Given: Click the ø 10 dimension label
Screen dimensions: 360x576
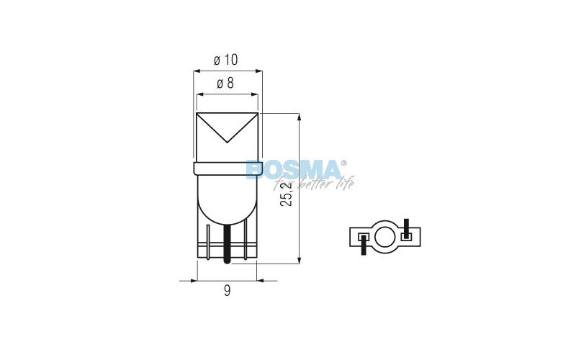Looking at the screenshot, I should pyautogui.click(x=226, y=60).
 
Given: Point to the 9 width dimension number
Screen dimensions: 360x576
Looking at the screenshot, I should pyautogui.click(x=227, y=291).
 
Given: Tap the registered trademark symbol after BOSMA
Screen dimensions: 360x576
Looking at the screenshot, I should pyautogui.click(x=343, y=163).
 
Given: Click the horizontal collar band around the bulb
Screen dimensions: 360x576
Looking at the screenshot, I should pyautogui.click(x=227, y=168).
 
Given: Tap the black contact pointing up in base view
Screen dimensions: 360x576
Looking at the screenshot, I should pyautogui.click(x=407, y=228).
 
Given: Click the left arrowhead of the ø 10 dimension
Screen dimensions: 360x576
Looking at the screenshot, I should pyautogui.click(x=198, y=71).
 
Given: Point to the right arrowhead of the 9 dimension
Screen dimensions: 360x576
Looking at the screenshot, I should pyautogui.click(x=261, y=279).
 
